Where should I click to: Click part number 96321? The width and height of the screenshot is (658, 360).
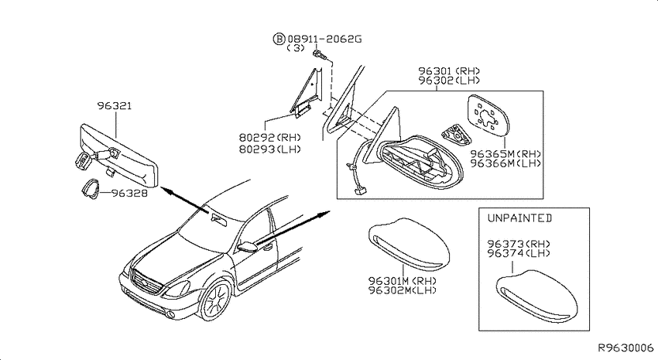coord(115,105)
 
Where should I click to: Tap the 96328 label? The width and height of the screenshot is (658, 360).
coord(129,194)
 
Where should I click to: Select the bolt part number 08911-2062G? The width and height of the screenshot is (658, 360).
coord(324,39)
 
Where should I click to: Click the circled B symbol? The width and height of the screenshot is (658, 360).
coord(279,39)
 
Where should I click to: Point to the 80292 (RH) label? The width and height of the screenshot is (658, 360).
coord(270,137)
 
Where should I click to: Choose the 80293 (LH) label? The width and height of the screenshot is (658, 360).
coord(270,149)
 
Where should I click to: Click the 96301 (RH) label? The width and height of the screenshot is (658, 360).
coord(449,71)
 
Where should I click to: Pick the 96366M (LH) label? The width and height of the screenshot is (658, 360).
coord(505,163)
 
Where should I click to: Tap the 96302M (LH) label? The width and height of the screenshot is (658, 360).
coord(403,290)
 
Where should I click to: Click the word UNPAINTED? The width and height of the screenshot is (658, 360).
coord(519,218)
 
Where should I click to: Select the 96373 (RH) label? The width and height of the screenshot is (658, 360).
coord(519,244)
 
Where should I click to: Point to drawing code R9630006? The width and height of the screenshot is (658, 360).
coord(625,348)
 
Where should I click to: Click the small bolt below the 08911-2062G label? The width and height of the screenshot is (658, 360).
coord(320,54)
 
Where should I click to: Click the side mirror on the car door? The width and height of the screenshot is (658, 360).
coord(247,247)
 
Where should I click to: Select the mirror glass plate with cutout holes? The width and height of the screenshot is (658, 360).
coord(488,116)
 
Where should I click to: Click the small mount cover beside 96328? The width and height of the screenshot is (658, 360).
coord(91,188)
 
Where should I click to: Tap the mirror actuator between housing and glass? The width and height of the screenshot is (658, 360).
coord(456,134)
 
